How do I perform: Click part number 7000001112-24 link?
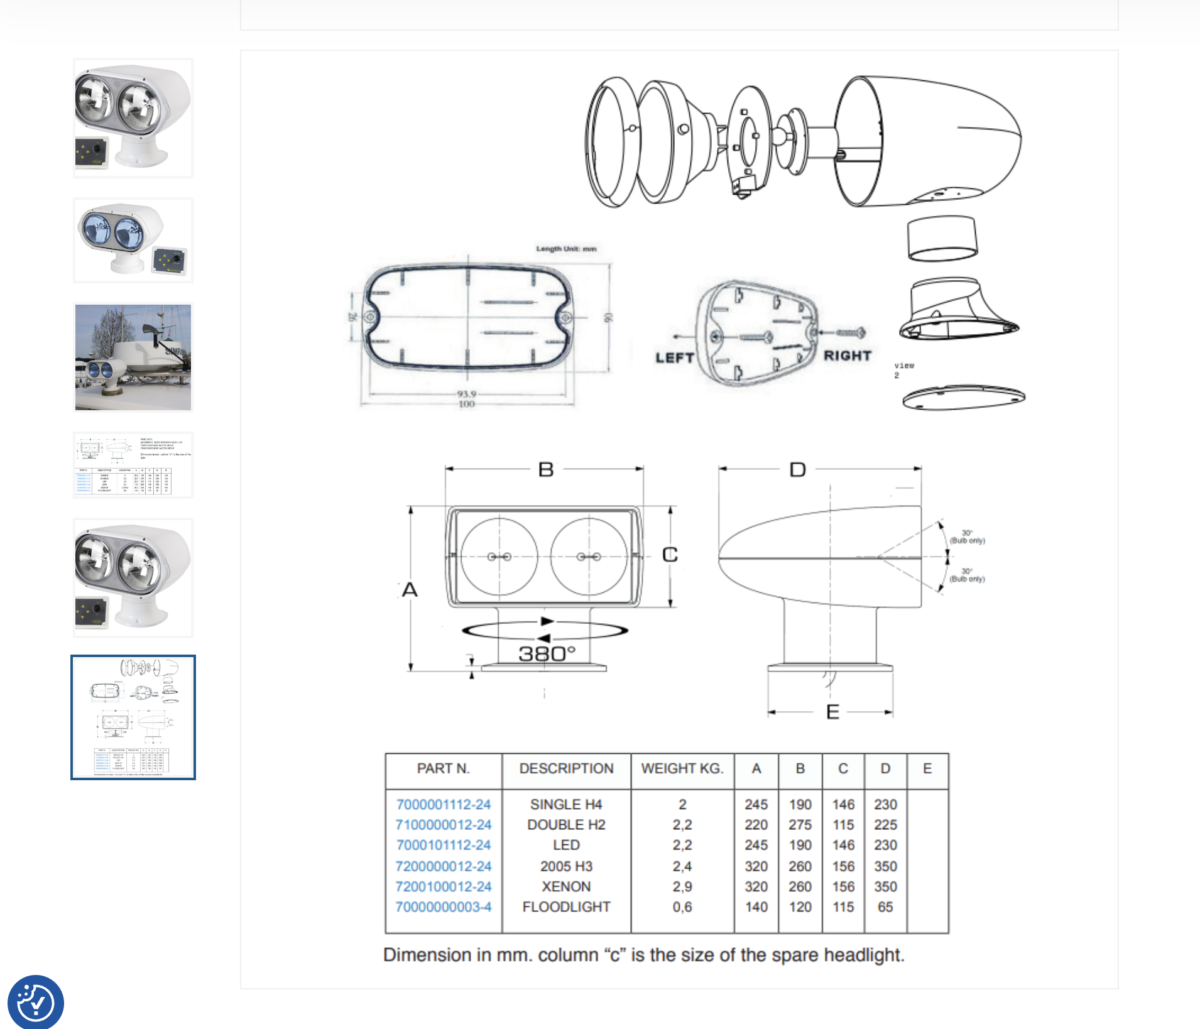click(443, 804)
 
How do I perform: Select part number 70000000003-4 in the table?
click(443, 906)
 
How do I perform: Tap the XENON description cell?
click(566, 886)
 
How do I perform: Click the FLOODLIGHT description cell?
click(566, 906)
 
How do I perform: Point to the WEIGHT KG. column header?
click(682, 768)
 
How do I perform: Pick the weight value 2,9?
click(682, 886)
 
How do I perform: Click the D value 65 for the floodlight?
click(885, 906)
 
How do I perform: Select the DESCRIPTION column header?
click(566, 768)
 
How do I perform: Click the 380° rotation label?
click(547, 654)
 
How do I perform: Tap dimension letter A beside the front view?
click(410, 589)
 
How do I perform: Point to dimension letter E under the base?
click(832, 712)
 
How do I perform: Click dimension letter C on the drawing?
click(670, 555)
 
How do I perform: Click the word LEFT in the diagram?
click(674, 358)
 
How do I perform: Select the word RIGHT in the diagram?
click(848, 356)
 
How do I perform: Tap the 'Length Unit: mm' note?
click(566, 249)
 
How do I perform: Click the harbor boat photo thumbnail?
click(133, 357)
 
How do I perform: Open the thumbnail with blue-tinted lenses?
click(133, 241)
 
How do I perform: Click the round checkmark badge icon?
click(35, 1002)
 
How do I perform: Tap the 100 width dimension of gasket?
click(466, 405)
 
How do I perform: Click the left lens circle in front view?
click(499, 556)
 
